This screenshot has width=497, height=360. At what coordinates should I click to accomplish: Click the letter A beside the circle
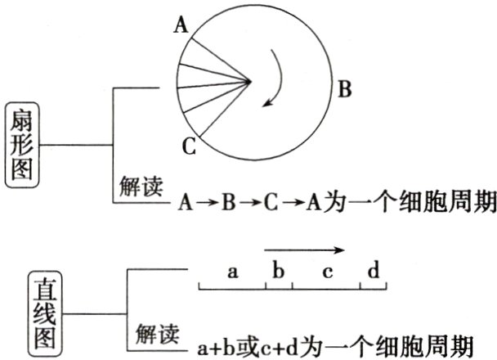[181, 25]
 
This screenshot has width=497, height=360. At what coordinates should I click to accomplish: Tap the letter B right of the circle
[345, 89]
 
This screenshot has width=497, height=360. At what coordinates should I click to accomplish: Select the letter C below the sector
[189, 147]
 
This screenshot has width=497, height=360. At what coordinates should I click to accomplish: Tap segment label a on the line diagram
[232, 272]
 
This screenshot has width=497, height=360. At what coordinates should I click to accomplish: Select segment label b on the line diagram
[279, 271]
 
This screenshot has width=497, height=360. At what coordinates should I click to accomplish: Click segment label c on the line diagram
[327, 272]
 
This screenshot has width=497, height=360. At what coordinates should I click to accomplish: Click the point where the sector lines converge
[249, 80]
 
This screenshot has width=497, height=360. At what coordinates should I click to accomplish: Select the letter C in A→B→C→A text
[272, 201]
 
